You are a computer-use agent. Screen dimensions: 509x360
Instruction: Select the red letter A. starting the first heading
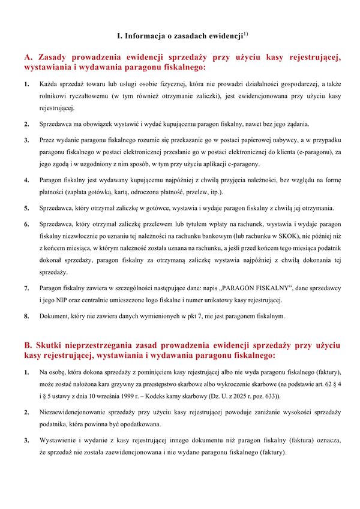click(28, 58)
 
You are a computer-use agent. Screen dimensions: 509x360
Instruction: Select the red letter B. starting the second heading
click(28, 346)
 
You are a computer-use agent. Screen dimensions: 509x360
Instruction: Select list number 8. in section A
click(27, 316)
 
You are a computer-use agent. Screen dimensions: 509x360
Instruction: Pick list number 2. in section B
click(27, 412)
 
